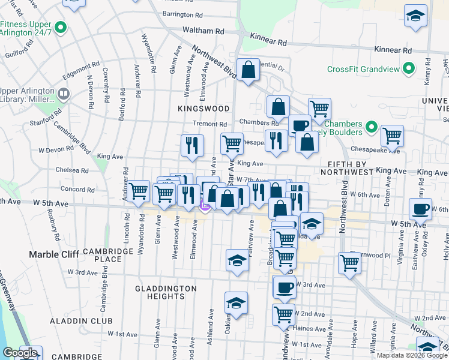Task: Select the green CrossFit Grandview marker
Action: tap(408, 69)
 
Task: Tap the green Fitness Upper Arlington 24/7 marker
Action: tap(60, 27)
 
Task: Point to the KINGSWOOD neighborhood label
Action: tap(203, 109)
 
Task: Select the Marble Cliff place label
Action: tap(54, 254)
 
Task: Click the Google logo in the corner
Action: tap(20, 353)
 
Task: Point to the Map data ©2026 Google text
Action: tap(411, 355)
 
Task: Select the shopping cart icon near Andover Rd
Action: tap(139, 191)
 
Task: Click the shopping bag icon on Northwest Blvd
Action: tap(247, 70)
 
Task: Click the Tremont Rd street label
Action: tap(209, 124)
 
